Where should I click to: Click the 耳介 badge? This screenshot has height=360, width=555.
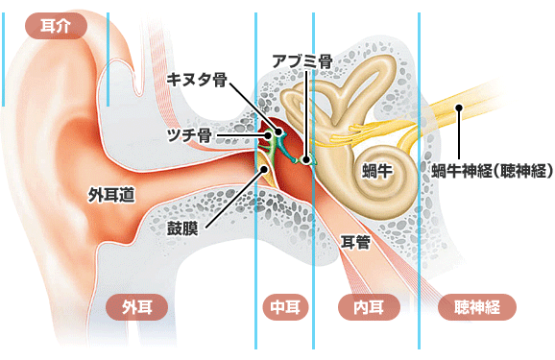[x=56, y=26]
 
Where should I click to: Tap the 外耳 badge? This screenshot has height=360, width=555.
[x=137, y=307]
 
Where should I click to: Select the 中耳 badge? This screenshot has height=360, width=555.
[x=285, y=307]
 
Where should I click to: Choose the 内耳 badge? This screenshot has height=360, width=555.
[x=369, y=307]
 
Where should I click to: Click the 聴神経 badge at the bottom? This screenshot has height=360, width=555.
[x=477, y=307]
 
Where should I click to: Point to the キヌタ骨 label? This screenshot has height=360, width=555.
[x=197, y=80]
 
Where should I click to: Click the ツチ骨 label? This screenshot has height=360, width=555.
[x=189, y=135]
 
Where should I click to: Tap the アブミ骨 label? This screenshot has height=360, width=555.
[x=302, y=61]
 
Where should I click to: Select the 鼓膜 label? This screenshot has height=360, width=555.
[x=182, y=228]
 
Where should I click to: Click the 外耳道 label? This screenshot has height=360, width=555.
[x=111, y=195]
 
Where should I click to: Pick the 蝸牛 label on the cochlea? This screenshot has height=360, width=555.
[x=377, y=171]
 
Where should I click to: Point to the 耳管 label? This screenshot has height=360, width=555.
[x=355, y=243]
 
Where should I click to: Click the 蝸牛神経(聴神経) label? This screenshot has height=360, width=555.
[x=492, y=171]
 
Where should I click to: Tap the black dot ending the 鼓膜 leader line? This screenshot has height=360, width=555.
[x=264, y=169]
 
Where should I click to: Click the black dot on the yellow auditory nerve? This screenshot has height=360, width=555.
[x=459, y=108]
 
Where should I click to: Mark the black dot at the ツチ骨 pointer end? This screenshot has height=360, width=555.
[x=268, y=135]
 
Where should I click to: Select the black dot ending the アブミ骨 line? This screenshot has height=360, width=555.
[x=306, y=159]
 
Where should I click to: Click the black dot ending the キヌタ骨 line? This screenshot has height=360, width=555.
[x=278, y=132]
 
